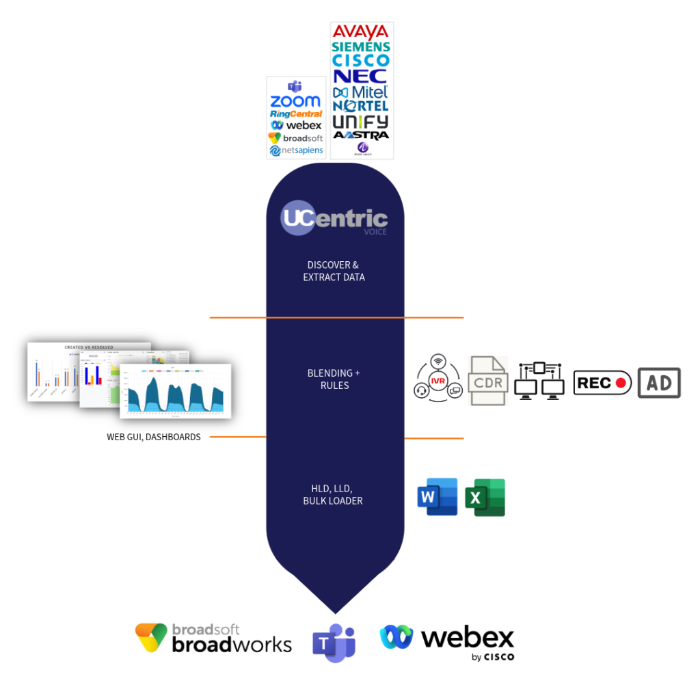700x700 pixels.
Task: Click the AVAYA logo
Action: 361,31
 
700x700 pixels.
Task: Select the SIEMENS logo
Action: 361,47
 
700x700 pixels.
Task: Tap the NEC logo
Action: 361,76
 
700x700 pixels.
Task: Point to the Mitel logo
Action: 361,92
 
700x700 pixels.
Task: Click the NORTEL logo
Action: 361,106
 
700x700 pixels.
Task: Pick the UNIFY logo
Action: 361,122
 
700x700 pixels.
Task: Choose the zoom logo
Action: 295,102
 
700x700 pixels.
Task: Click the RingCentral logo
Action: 295,113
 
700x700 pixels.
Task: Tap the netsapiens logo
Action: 296,150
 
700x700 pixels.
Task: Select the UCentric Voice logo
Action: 334,219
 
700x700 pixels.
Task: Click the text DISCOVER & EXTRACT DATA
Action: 334,271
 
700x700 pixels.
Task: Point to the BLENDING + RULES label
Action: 334,379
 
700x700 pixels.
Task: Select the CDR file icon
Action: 488,381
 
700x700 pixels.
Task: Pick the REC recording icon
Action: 603,383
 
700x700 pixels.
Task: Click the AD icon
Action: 659,383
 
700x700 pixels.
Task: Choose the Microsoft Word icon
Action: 437,497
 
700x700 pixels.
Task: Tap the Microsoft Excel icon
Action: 485,498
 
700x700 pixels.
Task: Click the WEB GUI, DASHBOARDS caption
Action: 154,437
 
